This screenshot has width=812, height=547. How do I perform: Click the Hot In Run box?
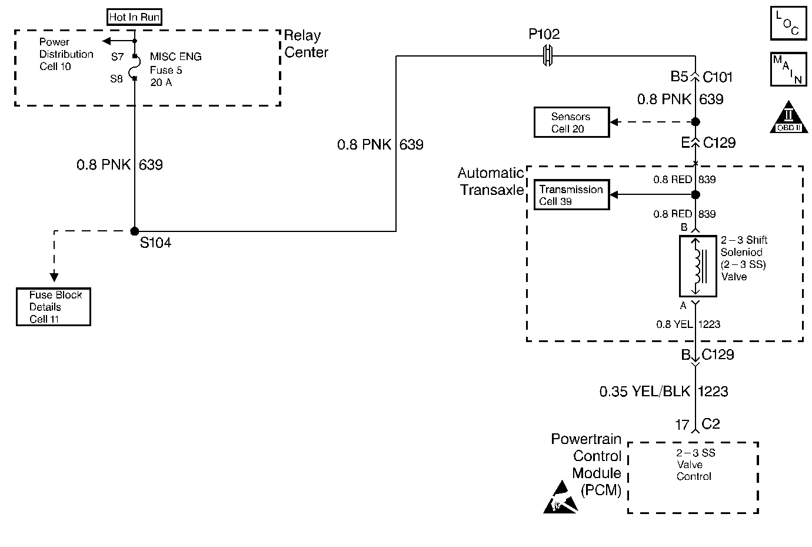134,17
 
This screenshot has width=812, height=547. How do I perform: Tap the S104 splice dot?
135,231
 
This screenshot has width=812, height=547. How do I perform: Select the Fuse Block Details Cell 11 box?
54,307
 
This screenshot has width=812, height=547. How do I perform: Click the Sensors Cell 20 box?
571,122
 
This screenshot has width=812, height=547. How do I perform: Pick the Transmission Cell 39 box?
571,195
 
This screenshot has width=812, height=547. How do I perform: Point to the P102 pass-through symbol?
548,56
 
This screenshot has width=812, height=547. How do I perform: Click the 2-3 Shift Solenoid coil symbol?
697,267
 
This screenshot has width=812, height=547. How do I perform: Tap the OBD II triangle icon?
788,117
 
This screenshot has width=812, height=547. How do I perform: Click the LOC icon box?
788,24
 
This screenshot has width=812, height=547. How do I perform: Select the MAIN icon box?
788,69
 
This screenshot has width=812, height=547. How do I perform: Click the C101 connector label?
718,77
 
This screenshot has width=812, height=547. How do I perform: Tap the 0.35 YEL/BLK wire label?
644,391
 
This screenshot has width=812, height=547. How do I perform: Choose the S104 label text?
155,243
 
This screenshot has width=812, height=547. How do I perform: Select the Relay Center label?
306,44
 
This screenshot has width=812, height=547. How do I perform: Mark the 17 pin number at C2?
682,425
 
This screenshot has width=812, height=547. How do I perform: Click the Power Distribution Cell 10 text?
66,54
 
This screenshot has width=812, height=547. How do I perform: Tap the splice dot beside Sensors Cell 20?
695,122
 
